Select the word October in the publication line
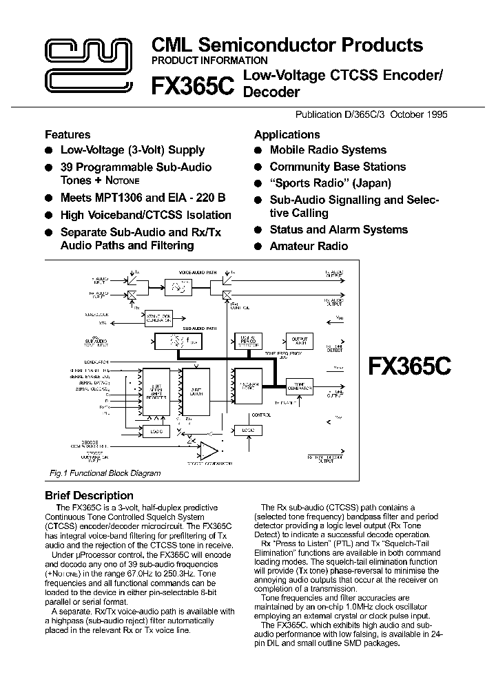406,114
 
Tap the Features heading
68,134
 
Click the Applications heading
287,134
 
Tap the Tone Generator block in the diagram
299,388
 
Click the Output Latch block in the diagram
299,342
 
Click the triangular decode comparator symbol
207,452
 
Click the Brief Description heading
89,495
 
